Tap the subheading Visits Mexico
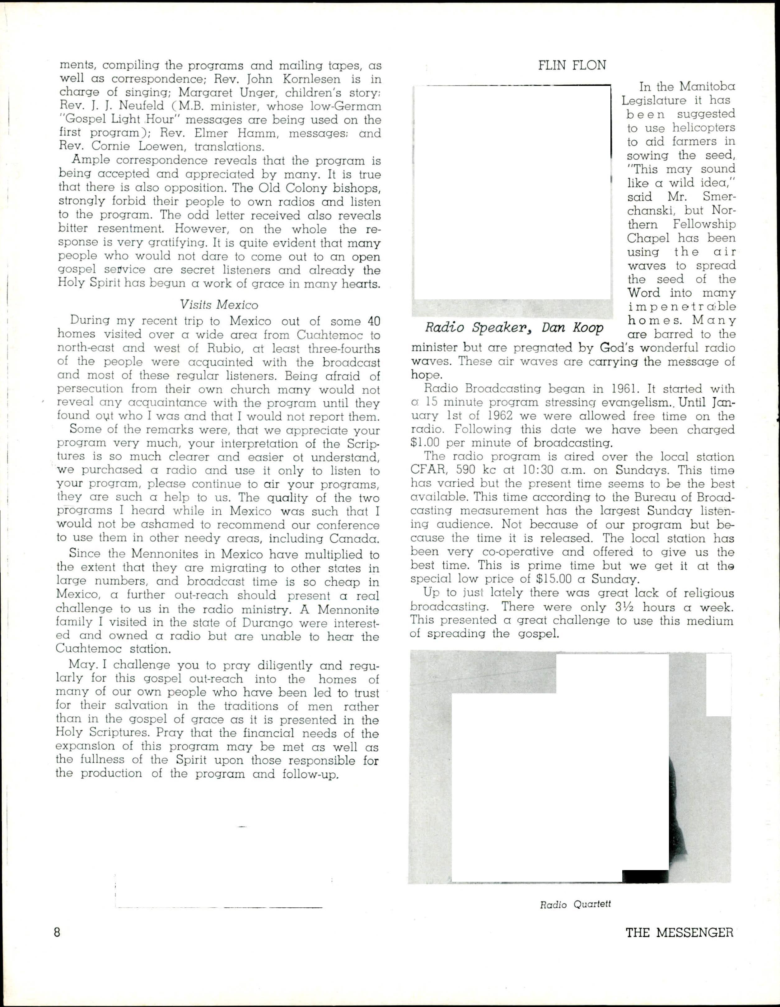point(219,305)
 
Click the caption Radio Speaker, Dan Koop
point(514,327)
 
